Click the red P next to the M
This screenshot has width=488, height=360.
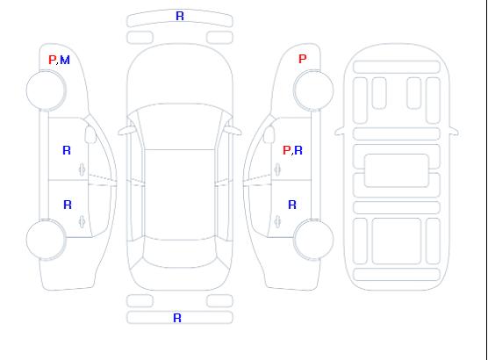(52, 60)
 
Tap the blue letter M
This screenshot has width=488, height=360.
(65, 60)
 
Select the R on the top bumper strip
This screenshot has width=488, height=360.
(180, 16)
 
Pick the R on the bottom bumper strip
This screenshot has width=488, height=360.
(177, 318)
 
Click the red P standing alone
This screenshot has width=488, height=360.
(302, 59)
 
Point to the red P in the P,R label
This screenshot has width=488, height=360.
(286, 150)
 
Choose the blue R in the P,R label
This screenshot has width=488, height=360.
(298, 150)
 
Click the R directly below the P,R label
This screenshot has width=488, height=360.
(292, 205)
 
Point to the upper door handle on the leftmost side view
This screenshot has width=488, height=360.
(83, 169)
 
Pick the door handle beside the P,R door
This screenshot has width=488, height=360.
(277, 169)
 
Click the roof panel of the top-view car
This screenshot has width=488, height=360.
(180, 195)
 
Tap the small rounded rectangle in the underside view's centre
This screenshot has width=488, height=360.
(397, 170)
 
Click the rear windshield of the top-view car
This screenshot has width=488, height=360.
(180, 253)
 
